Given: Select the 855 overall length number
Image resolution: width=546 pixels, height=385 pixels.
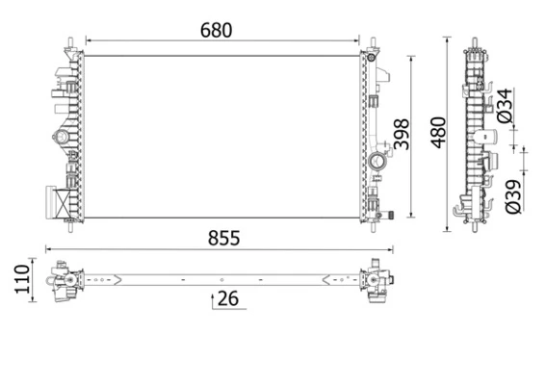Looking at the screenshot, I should [221, 238].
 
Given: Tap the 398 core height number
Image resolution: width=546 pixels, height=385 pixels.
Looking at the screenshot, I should [403, 136].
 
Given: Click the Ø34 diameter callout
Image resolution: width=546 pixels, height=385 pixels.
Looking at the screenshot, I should [505, 106].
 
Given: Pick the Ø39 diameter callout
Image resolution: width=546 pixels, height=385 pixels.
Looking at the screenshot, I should [514, 193].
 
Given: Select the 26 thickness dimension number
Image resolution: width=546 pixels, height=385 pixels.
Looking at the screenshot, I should [227, 298].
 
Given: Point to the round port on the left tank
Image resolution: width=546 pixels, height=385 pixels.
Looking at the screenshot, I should [64, 141].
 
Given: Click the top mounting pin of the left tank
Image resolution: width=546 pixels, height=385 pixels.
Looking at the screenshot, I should [70, 42].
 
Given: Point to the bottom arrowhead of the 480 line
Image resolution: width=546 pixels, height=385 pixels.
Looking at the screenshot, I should [449, 228].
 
